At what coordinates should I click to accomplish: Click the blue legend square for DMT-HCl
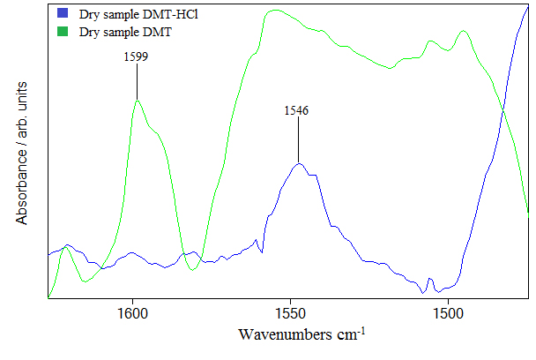coord(63,14)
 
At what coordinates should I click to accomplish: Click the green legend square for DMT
coord(63,32)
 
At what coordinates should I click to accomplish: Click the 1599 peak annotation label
coord(136,56)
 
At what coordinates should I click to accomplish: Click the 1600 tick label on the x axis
coord(133,313)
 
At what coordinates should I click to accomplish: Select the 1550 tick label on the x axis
coord(290,313)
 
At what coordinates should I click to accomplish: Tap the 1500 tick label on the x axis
coord(447,313)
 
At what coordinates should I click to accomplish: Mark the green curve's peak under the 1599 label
coord(137,101)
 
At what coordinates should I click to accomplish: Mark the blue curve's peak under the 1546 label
coord(299,164)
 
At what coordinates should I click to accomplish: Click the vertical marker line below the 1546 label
coord(298,139)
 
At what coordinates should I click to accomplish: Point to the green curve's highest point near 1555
coord(276,11)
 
